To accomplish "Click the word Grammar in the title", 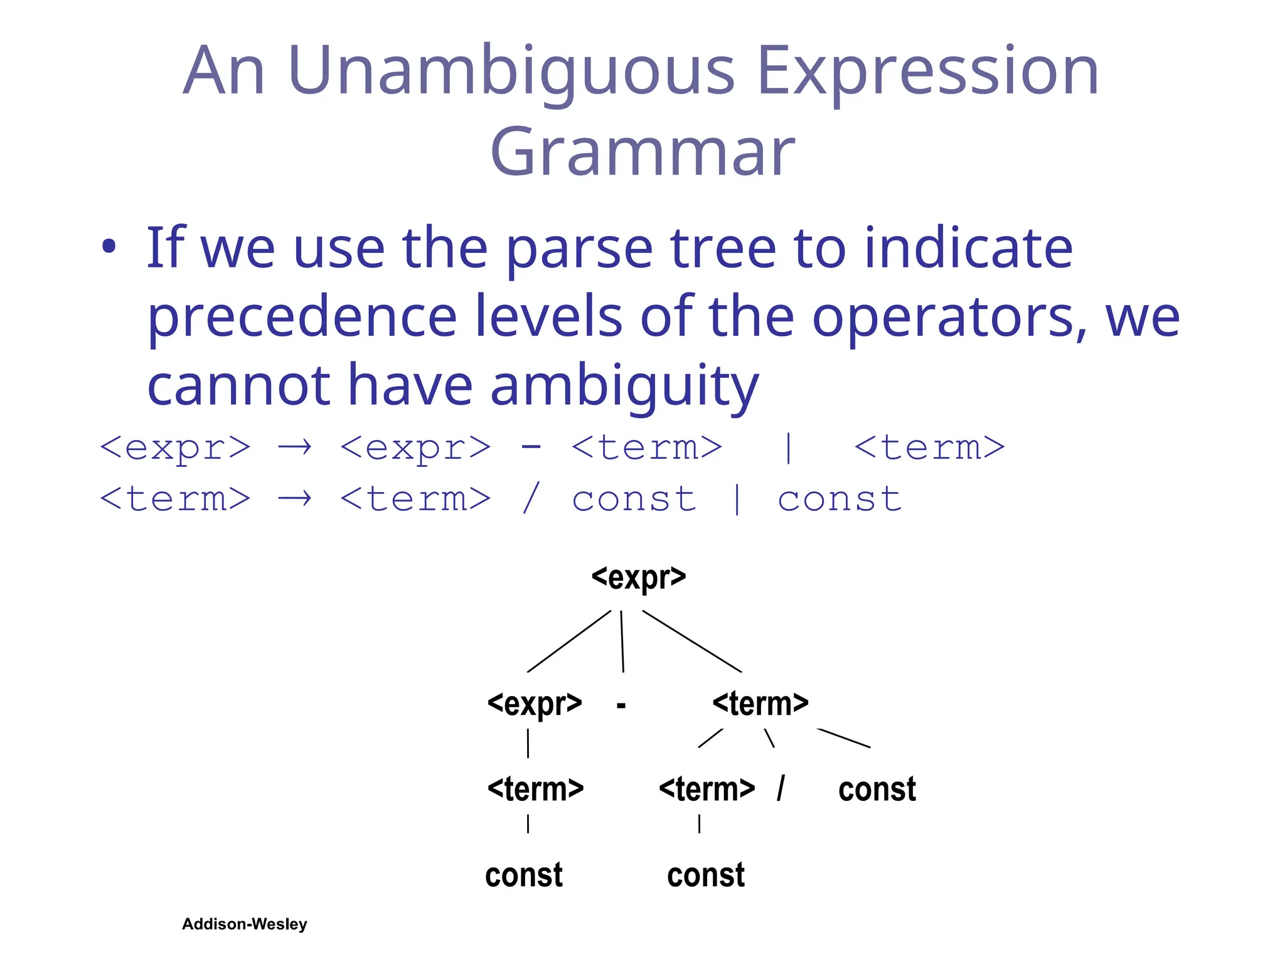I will [x=642, y=153].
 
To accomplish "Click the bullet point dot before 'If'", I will [x=109, y=247].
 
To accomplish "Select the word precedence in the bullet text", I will [x=302, y=317].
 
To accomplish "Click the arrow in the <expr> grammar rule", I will [x=295, y=447].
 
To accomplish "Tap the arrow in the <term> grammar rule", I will [x=295, y=499].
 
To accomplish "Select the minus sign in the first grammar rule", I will [x=531, y=446].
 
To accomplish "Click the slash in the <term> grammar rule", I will [x=531, y=499].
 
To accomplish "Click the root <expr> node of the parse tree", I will [x=639, y=577].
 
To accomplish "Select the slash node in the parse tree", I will [x=781, y=789].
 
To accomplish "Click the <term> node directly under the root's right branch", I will [x=760, y=704].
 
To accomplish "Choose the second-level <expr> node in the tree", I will [x=535, y=704].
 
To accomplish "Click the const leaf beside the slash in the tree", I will [x=877, y=789].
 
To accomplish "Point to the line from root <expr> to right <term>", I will [x=692, y=641].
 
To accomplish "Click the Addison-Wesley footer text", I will [x=245, y=924].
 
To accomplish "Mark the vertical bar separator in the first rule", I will [x=788, y=447].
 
